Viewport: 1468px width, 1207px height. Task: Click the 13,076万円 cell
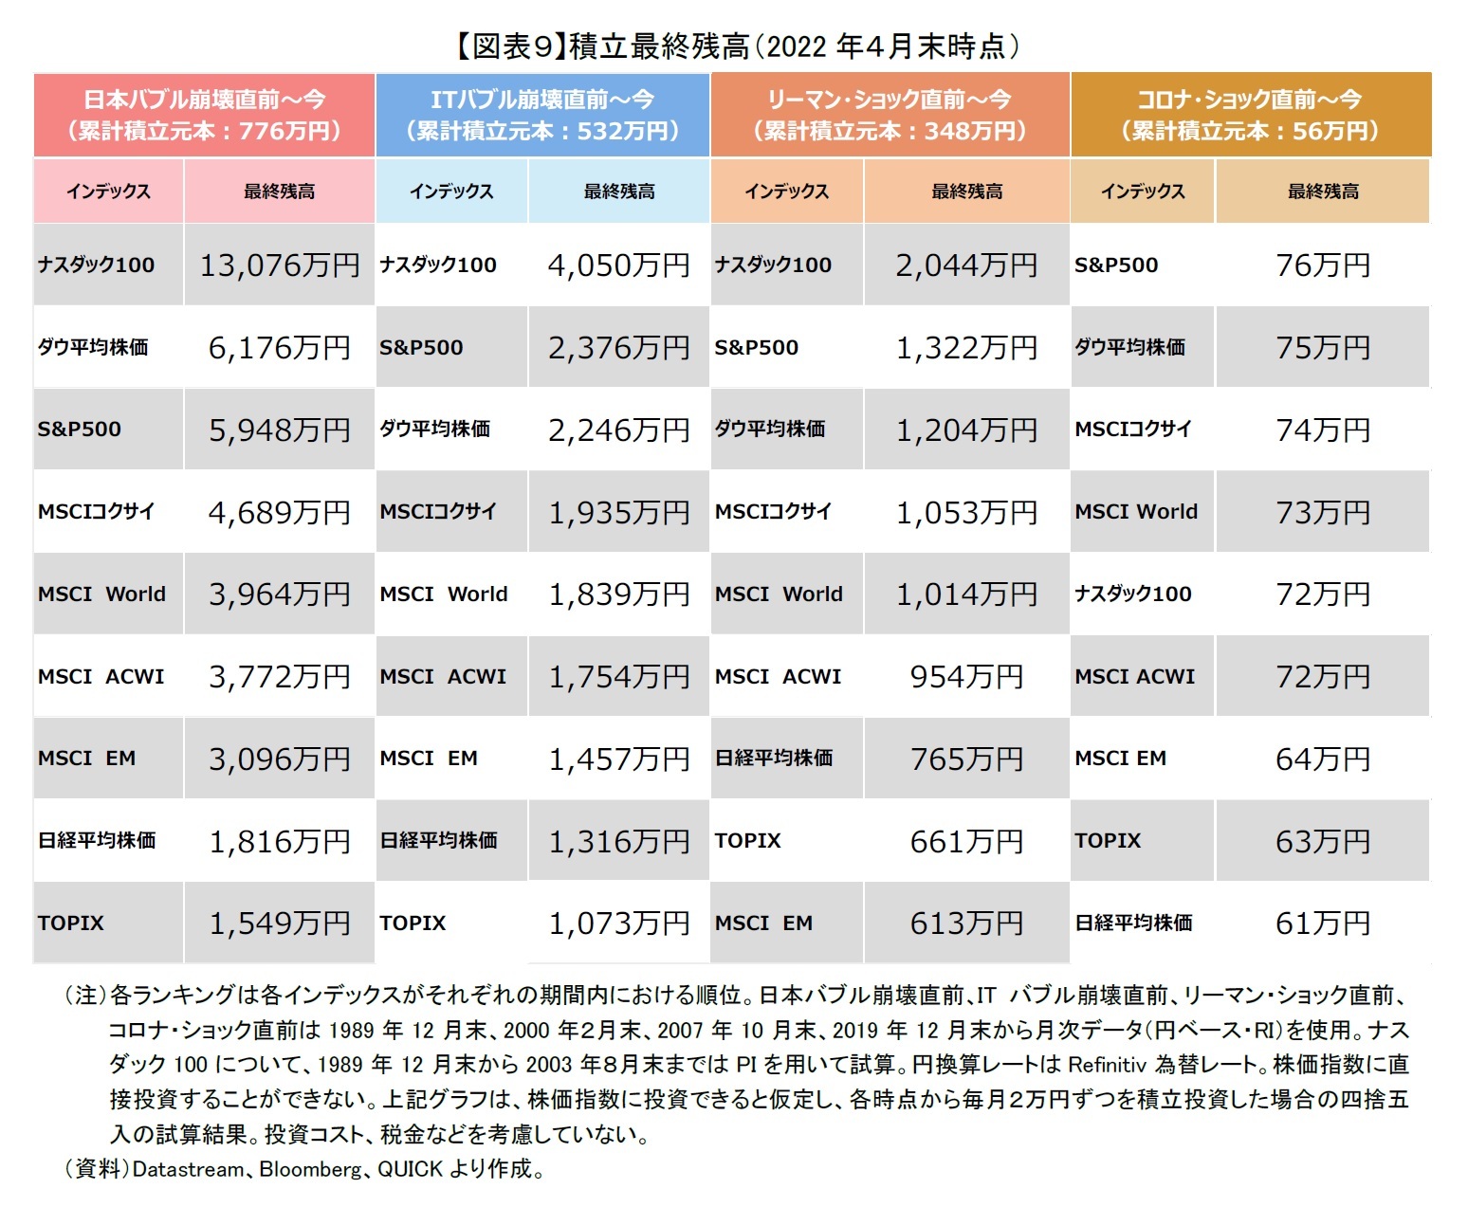pyautogui.click(x=279, y=265)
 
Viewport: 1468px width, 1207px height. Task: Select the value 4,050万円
pyautogui.click(x=618, y=265)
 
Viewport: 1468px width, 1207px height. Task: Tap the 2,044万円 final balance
pyautogui.click(x=965, y=265)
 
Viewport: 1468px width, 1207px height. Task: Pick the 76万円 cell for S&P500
pyautogui.click(x=1322, y=265)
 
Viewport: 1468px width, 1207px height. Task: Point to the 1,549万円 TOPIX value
pyautogui.click(x=279, y=923)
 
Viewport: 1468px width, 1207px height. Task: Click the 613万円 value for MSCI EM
pyautogui.click(x=965, y=923)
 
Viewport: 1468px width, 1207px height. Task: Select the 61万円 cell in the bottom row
pyautogui.click(x=1322, y=923)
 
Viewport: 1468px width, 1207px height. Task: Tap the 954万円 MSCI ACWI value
pyautogui.click(x=965, y=676)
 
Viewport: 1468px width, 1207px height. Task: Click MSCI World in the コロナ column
pyautogui.click(x=1136, y=512)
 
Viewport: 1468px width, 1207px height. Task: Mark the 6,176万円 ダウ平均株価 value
pyautogui.click(x=279, y=348)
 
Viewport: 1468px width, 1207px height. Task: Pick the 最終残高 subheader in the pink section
pyautogui.click(x=279, y=192)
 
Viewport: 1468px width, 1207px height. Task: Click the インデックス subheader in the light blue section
pyautogui.click(x=451, y=192)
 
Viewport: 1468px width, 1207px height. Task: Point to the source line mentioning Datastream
pyautogui.click(x=303, y=1169)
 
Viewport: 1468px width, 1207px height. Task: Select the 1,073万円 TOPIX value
pyautogui.click(x=618, y=923)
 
